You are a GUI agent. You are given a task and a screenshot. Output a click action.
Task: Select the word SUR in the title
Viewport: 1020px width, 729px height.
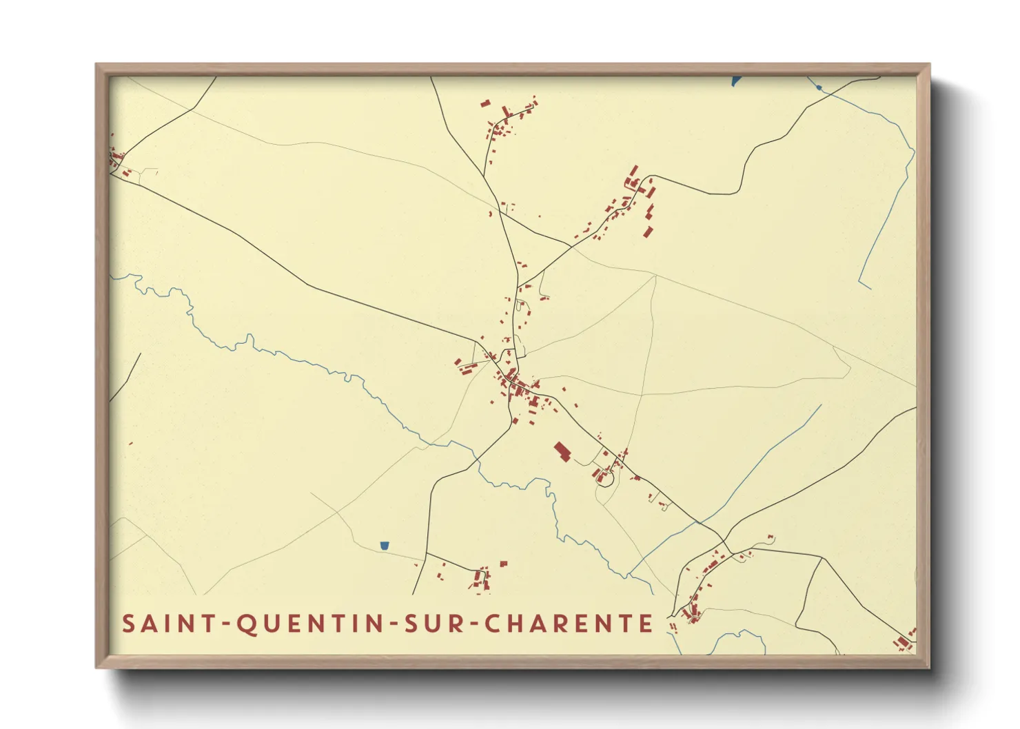click(x=432, y=624)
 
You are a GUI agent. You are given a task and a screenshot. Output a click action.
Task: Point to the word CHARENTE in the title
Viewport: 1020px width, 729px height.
click(x=569, y=624)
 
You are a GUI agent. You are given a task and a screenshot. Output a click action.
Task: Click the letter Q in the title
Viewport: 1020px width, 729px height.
click(x=246, y=624)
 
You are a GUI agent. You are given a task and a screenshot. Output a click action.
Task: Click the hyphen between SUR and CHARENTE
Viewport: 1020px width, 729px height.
click(x=472, y=624)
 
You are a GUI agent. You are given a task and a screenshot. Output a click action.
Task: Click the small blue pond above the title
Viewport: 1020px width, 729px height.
click(x=385, y=546)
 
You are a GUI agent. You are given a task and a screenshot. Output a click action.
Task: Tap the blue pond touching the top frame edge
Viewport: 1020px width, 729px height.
click(x=735, y=81)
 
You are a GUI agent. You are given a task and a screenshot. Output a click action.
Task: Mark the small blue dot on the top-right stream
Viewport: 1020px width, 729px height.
click(x=818, y=88)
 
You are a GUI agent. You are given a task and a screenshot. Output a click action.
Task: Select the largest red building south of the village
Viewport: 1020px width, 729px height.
click(x=562, y=452)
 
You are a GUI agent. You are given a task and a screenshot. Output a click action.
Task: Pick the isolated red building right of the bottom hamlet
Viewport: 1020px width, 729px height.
click(x=503, y=564)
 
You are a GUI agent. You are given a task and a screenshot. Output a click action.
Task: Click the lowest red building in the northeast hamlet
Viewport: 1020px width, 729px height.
click(x=648, y=232)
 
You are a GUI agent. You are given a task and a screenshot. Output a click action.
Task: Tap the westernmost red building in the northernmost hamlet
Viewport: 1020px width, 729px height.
click(x=485, y=104)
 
